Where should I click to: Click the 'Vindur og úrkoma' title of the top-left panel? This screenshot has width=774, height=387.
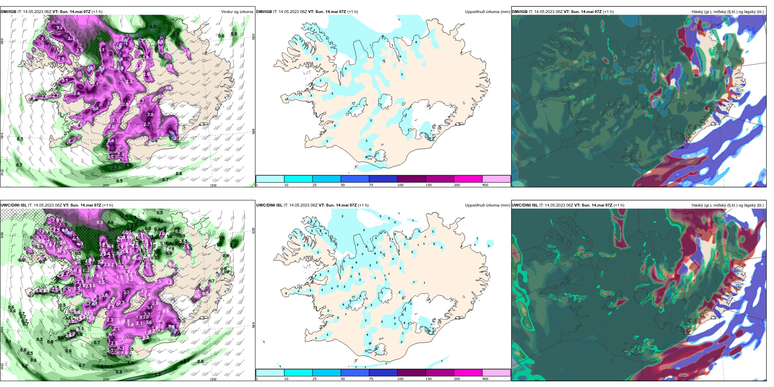[x=237, y=12]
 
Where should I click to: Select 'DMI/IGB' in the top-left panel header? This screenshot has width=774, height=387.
[x=9, y=12]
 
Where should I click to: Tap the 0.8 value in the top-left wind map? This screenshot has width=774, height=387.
[x=234, y=34]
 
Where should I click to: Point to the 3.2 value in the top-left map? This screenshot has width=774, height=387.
[x=59, y=28]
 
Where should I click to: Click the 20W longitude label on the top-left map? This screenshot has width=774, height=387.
[x=106, y=185]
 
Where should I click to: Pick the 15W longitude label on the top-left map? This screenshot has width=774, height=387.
[x=213, y=185]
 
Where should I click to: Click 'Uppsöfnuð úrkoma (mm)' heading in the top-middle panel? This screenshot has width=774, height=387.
[x=487, y=12]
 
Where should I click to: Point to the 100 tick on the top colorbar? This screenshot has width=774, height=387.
[x=400, y=185]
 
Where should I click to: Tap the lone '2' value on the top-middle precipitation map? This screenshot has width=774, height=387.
[x=371, y=121]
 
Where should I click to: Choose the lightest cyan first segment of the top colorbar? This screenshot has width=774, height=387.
[x=270, y=179]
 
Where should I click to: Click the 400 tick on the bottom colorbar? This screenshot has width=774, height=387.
[x=485, y=379]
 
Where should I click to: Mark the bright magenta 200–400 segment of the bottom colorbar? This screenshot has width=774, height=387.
[x=468, y=372]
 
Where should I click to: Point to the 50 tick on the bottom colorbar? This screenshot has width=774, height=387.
[x=343, y=379]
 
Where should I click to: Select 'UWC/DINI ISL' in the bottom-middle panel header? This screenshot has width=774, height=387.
[x=269, y=205]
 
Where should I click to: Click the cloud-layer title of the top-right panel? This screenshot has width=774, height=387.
[x=728, y=12]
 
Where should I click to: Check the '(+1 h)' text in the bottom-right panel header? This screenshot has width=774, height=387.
[x=619, y=205]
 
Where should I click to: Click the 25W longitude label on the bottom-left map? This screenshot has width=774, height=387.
[x=2, y=366]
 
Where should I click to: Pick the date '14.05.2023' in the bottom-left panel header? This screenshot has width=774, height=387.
[x=44, y=205]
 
